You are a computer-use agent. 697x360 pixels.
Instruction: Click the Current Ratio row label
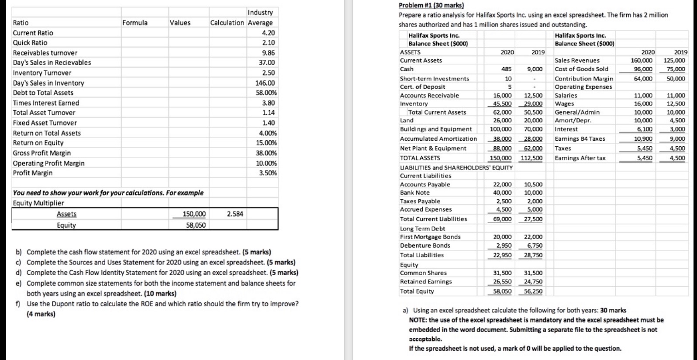(x=33, y=33)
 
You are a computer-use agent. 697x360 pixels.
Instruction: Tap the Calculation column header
(x=227, y=23)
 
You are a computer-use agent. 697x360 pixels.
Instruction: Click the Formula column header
(x=135, y=23)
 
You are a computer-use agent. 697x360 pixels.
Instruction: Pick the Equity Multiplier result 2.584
(x=235, y=214)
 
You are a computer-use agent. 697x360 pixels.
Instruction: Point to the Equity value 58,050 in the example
(x=194, y=225)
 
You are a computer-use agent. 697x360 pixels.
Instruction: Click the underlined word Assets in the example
(x=66, y=214)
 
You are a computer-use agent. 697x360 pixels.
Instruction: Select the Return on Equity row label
(x=38, y=143)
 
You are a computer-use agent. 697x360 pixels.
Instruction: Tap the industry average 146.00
(x=265, y=83)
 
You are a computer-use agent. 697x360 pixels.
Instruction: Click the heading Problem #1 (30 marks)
(x=431, y=6)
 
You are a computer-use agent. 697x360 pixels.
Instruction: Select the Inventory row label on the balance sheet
(x=414, y=104)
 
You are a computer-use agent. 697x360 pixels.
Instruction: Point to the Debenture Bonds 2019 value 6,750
(x=535, y=246)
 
